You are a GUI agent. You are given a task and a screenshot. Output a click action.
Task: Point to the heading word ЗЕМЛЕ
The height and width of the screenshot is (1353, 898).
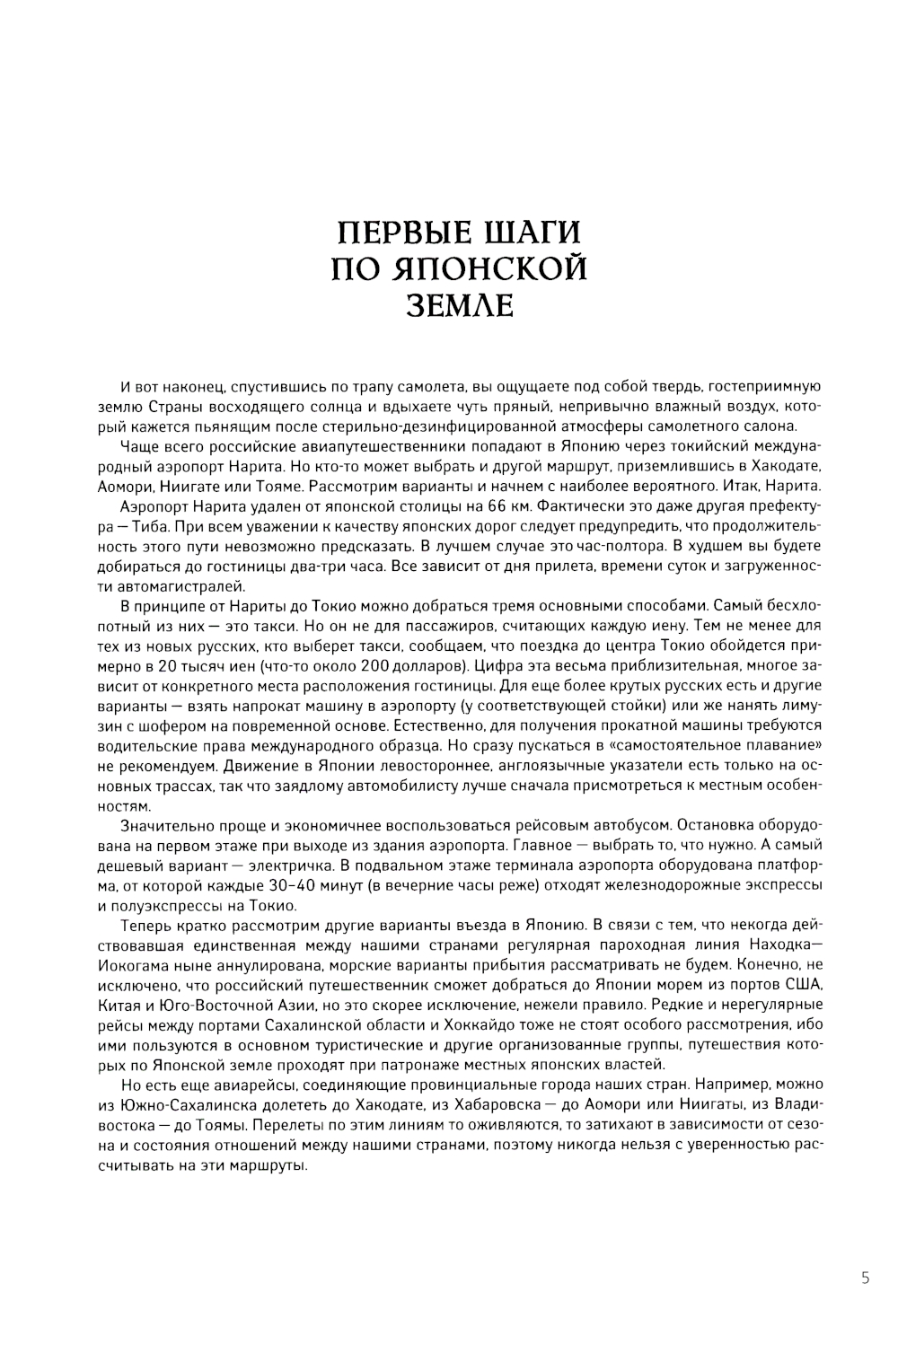pyautogui.click(x=460, y=305)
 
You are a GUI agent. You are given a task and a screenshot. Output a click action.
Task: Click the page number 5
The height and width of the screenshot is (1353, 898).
pyautogui.click(x=865, y=1278)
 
